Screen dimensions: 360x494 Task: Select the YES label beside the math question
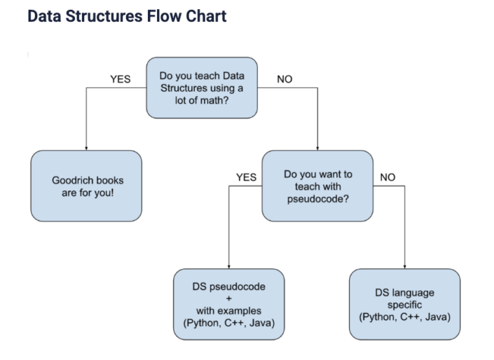pos(121,79)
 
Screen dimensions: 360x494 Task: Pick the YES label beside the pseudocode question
pos(246,177)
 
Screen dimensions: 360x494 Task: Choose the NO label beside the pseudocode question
pos(387,177)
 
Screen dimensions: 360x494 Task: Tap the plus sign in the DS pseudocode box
pos(229,299)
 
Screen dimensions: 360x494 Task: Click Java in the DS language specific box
pos(435,317)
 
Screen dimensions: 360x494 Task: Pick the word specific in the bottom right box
pos(404,305)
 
